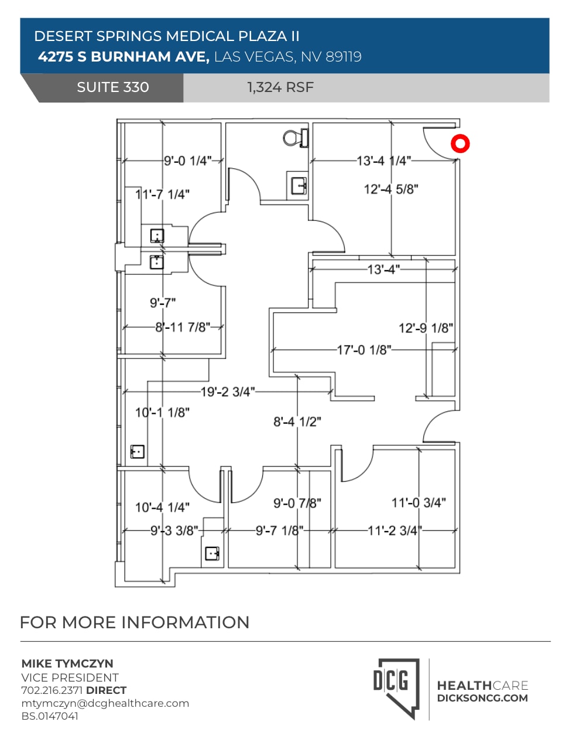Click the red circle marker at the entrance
click(x=460, y=144)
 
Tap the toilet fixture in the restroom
click(x=296, y=138)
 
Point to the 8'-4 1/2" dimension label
click(x=297, y=421)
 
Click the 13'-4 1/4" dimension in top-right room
click(x=384, y=161)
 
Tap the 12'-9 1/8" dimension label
click(x=426, y=328)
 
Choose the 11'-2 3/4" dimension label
click(x=394, y=530)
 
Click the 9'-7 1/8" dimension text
click(x=279, y=530)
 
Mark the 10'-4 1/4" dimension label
click(x=162, y=508)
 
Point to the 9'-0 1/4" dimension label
click(x=187, y=161)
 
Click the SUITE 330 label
click(x=113, y=87)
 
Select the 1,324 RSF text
click(x=280, y=87)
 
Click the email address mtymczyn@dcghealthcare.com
click(x=105, y=703)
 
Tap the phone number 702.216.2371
click(x=53, y=690)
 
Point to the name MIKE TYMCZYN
click(x=67, y=664)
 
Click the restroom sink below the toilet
click(x=299, y=185)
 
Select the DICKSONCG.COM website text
click(x=482, y=698)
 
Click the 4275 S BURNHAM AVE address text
click(x=124, y=57)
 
